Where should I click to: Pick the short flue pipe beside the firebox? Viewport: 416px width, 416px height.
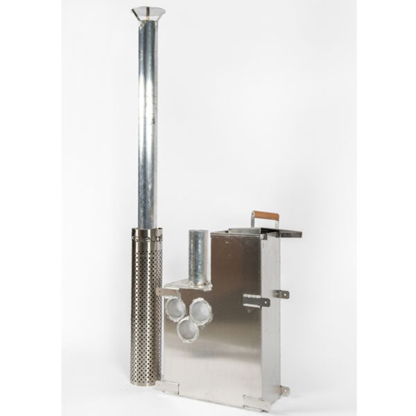coord(198,257)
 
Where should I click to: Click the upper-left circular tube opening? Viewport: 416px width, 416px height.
coord(175,308)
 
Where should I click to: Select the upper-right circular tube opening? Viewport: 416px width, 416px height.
coord(200,311)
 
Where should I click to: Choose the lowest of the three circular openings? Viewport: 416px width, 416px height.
coord(188,330)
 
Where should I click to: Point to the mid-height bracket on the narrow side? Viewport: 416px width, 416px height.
coord(281,294)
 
